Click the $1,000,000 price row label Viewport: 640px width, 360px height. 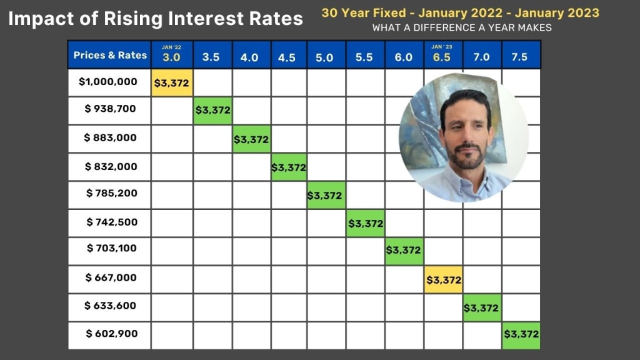[x=109, y=82]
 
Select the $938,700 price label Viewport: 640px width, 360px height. [x=110, y=109]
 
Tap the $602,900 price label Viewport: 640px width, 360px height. [x=111, y=334]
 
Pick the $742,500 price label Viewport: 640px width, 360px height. [x=111, y=222]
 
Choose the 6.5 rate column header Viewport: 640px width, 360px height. [x=442, y=57]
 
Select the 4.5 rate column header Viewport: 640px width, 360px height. [x=287, y=57]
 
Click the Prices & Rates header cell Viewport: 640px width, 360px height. [x=110, y=55]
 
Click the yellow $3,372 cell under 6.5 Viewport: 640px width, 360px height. [x=442, y=280]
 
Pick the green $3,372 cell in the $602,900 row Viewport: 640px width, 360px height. [x=520, y=334]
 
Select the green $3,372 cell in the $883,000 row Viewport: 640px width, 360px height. [x=251, y=139]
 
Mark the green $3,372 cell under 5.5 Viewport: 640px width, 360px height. [x=366, y=223]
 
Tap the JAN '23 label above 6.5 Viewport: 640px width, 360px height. [x=442, y=46]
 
